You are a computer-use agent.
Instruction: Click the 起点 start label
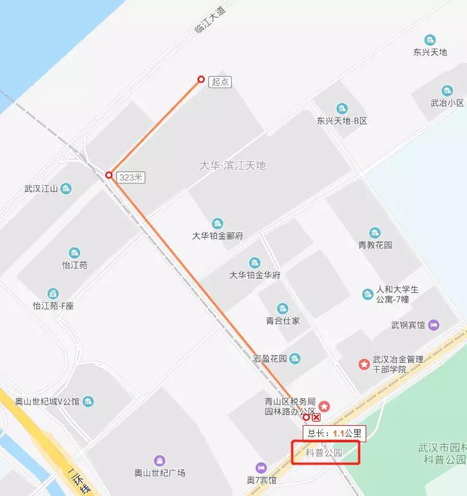coord(220,82)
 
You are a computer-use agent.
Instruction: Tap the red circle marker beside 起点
coord(201,79)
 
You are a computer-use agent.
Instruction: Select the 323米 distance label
coord(130,178)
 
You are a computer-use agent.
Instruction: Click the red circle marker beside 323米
coord(109,175)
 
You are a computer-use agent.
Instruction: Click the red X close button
coord(316,418)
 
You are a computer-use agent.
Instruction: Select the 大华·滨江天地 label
coord(232,166)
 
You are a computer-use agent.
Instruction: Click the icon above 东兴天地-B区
coord(342,109)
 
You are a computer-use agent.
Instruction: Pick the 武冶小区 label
coord(447,103)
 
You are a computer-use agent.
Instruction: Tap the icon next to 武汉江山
coord(66,189)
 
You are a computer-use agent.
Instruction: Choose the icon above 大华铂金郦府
coord(217,223)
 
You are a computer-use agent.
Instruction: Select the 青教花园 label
coord(375,245)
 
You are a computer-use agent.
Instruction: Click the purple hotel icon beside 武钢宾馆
coord(434,325)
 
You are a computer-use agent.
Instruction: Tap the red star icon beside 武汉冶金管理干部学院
coord(363,364)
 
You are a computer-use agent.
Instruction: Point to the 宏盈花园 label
coord(269,359)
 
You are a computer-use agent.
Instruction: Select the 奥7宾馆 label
coord(262,480)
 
